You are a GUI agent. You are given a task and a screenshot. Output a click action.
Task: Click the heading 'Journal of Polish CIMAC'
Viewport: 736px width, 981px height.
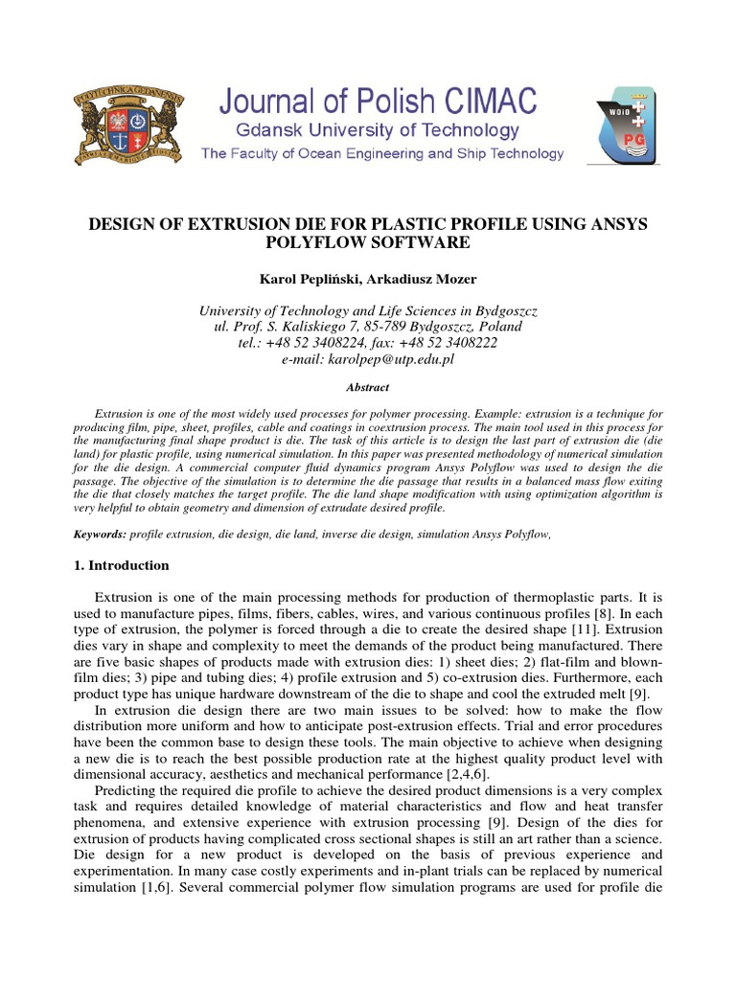(381, 99)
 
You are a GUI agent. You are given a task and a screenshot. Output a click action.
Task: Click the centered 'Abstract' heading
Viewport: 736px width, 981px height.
(367, 387)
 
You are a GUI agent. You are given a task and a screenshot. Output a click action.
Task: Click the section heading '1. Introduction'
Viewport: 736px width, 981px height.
(122, 565)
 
